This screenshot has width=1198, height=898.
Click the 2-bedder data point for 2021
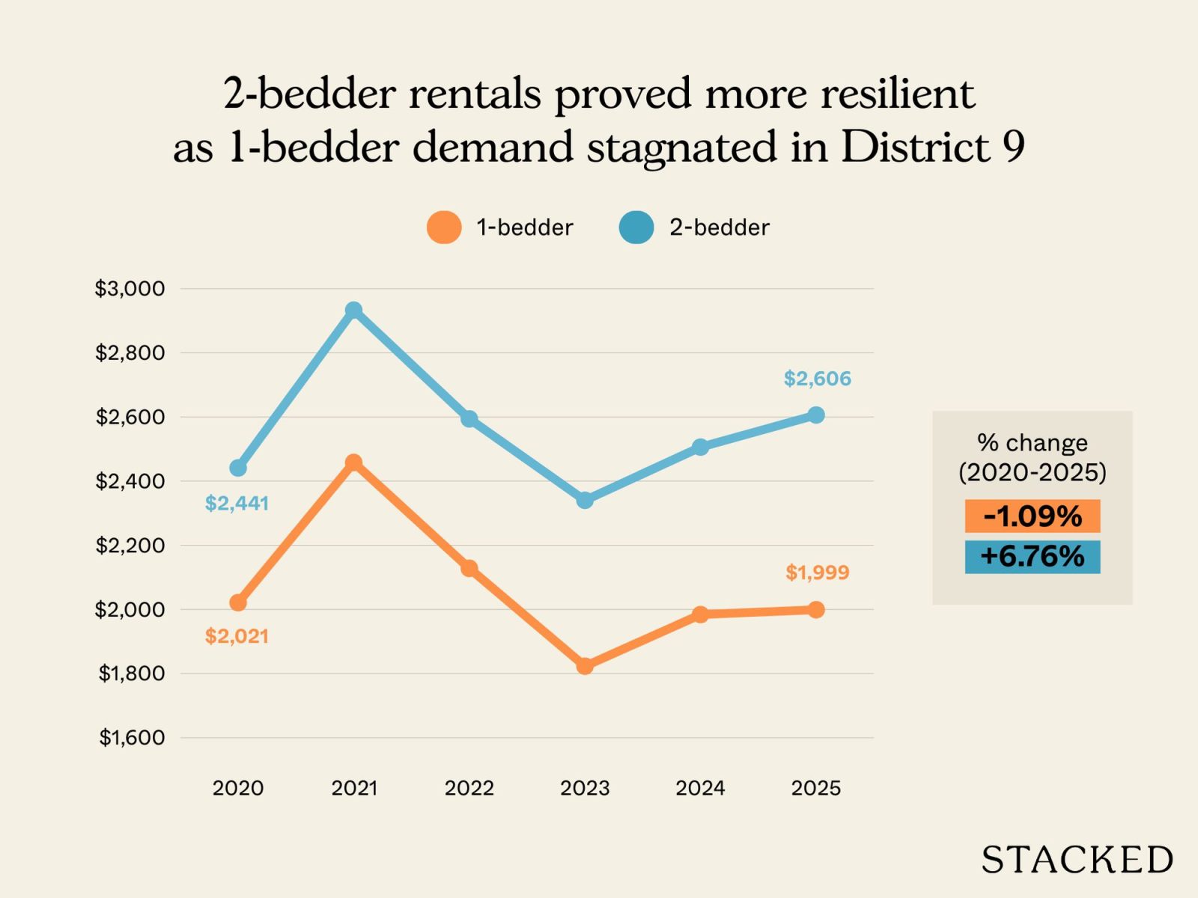point(354,311)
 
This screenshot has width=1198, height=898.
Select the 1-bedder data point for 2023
point(585,665)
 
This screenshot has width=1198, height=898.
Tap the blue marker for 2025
point(816,415)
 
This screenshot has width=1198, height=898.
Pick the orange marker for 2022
point(469,568)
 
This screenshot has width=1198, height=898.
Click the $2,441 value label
point(237,504)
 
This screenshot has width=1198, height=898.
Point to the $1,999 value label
point(817,572)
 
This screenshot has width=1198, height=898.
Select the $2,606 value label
point(817,379)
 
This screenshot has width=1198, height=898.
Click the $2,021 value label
point(237,636)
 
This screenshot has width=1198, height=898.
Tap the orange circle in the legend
point(444,227)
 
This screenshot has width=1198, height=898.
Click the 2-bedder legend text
point(719,227)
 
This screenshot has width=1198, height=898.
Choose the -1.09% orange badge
point(1033,516)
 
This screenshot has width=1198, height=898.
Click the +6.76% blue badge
point(1033,557)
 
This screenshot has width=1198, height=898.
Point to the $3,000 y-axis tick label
point(130,289)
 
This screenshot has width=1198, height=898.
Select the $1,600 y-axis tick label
point(132,738)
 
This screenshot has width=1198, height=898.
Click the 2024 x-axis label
point(700,788)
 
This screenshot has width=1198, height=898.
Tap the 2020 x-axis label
point(238,788)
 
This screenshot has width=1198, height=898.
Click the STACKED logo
point(1077,860)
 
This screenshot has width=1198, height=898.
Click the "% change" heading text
point(1033,443)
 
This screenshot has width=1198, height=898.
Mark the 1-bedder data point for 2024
point(700,614)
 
